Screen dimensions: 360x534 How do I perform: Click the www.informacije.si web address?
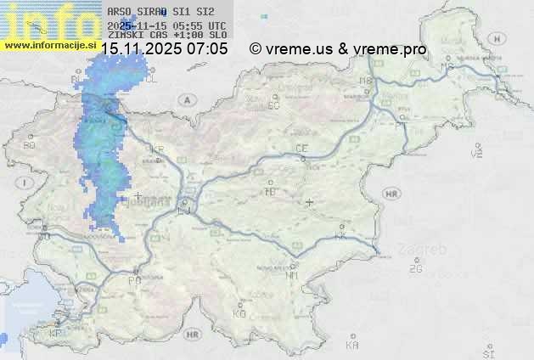48,44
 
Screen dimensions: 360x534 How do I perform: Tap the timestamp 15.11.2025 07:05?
164,49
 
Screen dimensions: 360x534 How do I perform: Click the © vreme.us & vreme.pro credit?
338,49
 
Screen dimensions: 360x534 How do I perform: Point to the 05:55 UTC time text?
200,25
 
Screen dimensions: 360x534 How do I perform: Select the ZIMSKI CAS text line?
166,36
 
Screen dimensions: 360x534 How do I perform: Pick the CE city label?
301,149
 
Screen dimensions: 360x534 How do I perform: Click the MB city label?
366,81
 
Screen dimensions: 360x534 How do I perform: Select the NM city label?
292,275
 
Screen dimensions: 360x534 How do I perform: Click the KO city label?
239,313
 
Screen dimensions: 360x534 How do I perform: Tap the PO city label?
134,280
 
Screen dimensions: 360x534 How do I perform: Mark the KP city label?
56,333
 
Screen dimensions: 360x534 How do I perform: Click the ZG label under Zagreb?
415,269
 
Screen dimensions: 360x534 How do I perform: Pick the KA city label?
352,346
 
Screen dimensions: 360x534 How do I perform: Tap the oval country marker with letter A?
184,99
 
